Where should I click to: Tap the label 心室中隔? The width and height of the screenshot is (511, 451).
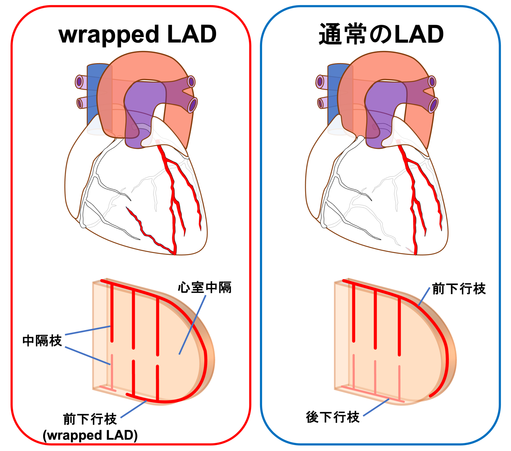[x=205, y=288]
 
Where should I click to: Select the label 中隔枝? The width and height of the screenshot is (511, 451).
[x=42, y=341]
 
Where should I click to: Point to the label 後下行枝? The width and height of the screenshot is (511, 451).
[x=333, y=417]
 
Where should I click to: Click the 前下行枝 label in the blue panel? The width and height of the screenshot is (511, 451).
[x=459, y=289]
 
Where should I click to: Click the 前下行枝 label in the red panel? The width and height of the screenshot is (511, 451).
[x=90, y=419]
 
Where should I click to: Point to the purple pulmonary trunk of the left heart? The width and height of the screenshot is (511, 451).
[x=145, y=100]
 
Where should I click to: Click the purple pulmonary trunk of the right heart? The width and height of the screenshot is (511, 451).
[x=385, y=100]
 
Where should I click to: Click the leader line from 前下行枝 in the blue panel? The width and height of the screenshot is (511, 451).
[x=424, y=297]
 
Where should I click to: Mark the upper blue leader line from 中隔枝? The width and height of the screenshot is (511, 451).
[x=88, y=331]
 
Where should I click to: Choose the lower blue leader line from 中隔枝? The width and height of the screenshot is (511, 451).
[x=88, y=356]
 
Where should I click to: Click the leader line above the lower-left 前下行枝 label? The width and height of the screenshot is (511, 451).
[x=134, y=409]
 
